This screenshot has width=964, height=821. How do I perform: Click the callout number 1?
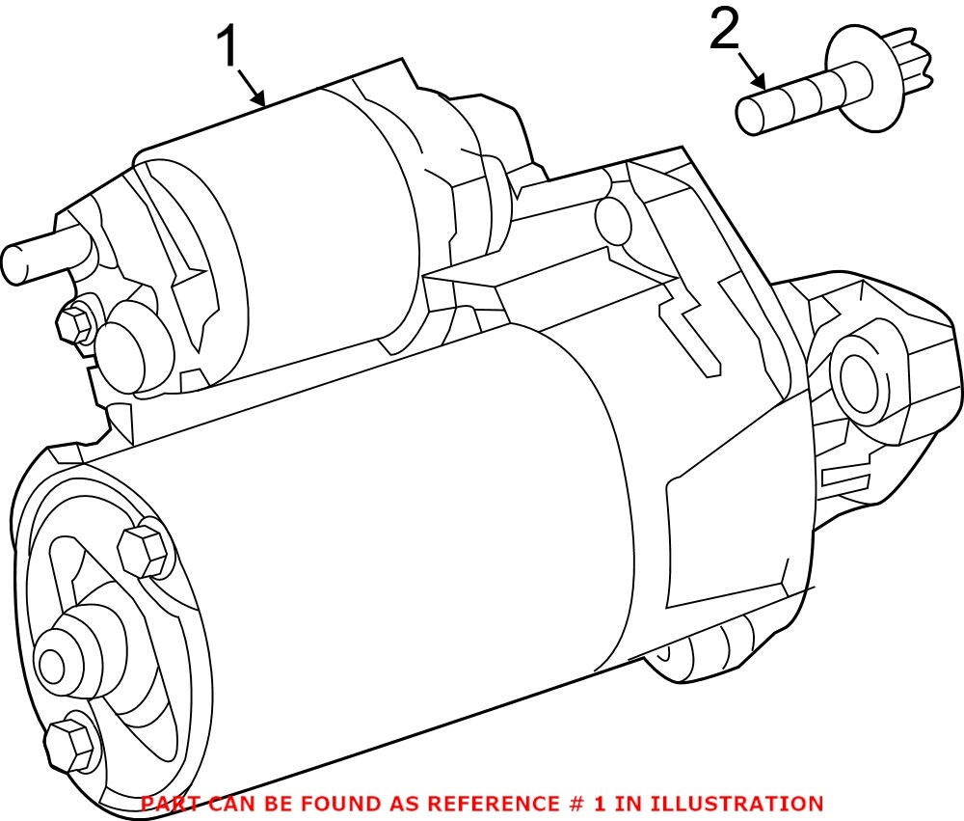pyautogui.click(x=228, y=46)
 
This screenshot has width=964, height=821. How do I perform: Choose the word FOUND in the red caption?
pyautogui.click(x=326, y=803)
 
